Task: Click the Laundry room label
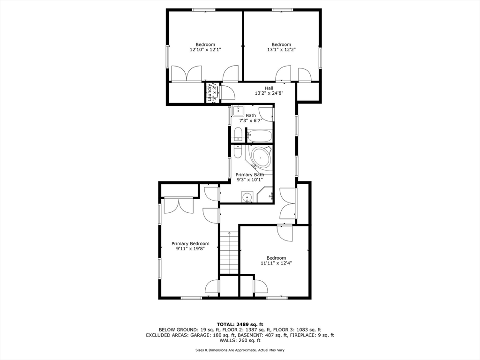(x=210, y=92)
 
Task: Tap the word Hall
(x=269, y=88)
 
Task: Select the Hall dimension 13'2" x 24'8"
(x=269, y=93)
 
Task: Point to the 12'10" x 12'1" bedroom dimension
(x=205, y=49)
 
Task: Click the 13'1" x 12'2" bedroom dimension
(x=281, y=49)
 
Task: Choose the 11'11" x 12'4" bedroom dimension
(x=276, y=263)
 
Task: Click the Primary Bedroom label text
(x=190, y=243)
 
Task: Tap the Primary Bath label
(x=249, y=175)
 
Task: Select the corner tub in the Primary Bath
(x=261, y=157)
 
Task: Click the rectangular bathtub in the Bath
(x=260, y=136)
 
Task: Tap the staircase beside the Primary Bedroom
(x=229, y=253)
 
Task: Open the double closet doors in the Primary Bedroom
(x=178, y=206)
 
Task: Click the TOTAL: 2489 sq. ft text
(x=240, y=324)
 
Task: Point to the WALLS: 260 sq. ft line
(x=240, y=341)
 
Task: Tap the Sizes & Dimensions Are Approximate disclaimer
(x=240, y=350)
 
